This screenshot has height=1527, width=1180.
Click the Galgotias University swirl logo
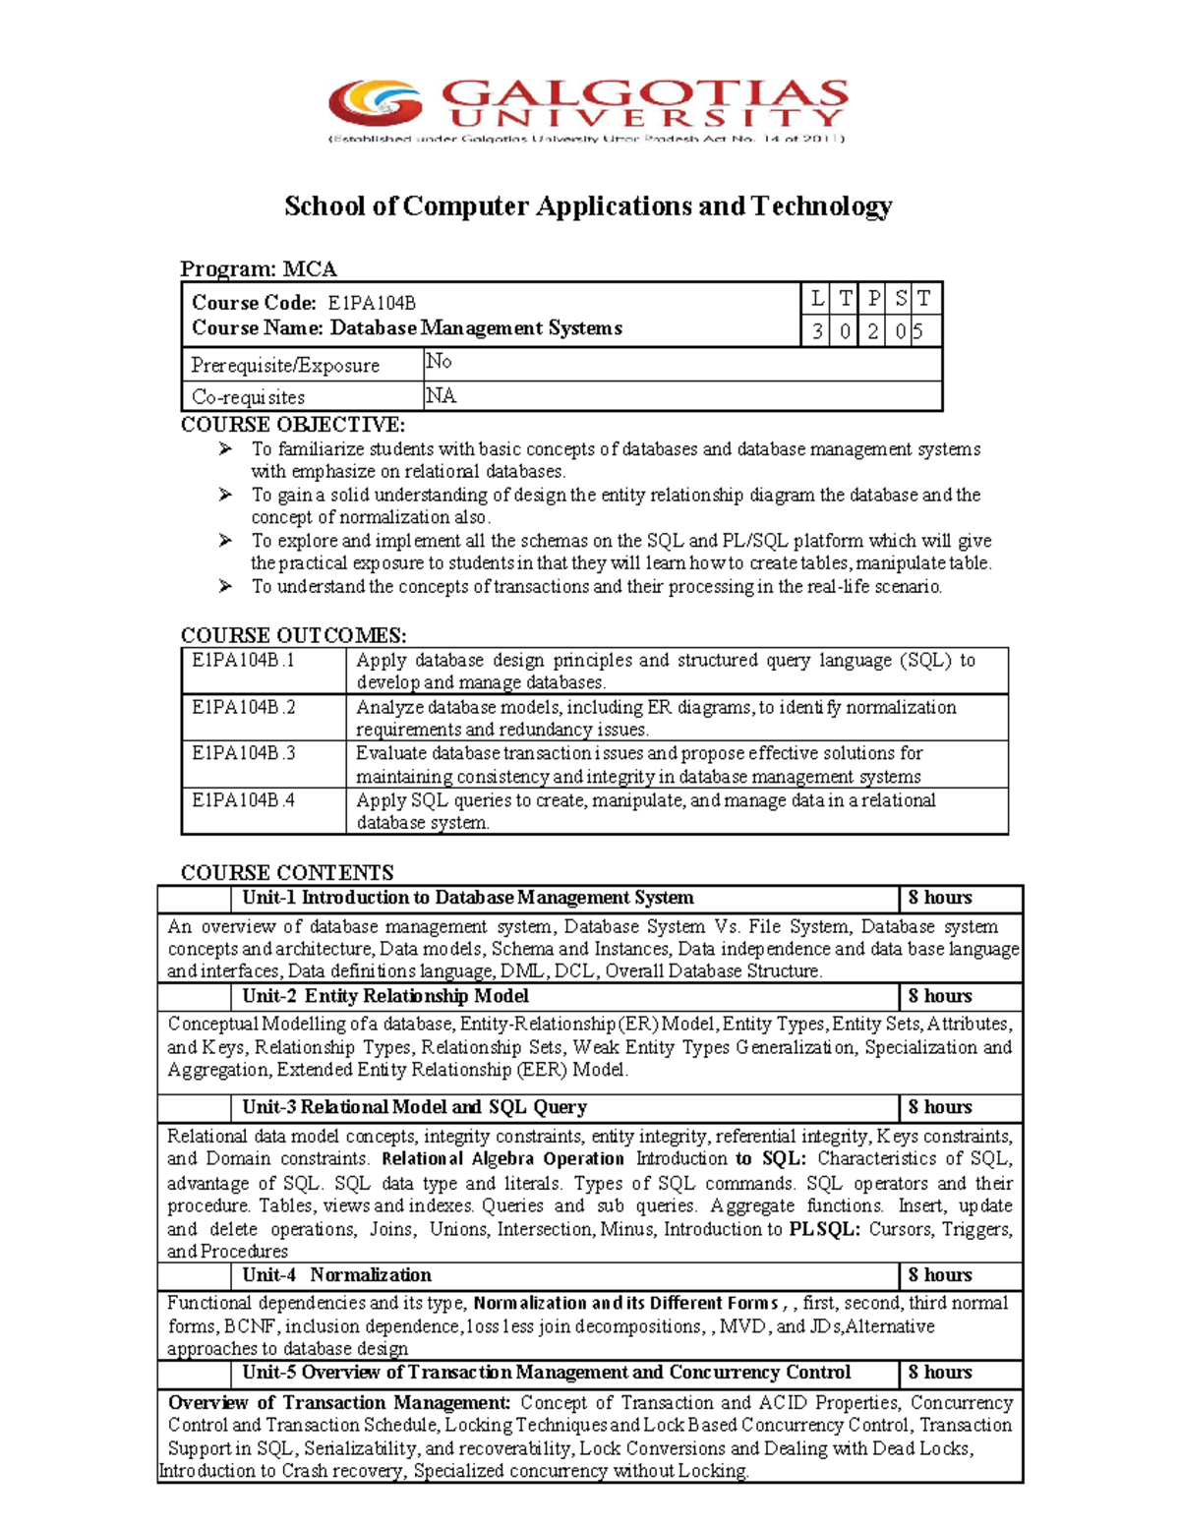[x=376, y=103]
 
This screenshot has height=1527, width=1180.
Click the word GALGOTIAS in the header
[x=644, y=94]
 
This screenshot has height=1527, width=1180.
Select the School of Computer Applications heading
[x=588, y=206]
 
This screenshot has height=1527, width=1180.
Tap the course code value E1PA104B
[x=372, y=303]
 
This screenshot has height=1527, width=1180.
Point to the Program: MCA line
[x=259, y=268]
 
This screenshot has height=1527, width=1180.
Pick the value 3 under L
[x=817, y=331]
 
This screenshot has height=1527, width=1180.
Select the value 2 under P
[x=873, y=331]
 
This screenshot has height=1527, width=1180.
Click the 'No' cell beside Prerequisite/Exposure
[x=439, y=362]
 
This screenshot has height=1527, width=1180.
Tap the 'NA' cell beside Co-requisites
[x=441, y=395]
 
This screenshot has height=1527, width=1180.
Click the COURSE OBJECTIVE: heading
[x=292, y=425]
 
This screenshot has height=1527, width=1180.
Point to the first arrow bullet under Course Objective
[x=226, y=449]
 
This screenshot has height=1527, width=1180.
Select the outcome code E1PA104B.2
[x=243, y=707]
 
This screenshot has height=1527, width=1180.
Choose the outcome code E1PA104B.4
[x=243, y=800]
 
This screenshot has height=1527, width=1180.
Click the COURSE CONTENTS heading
[x=287, y=872]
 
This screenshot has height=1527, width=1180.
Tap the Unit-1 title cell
[x=468, y=898]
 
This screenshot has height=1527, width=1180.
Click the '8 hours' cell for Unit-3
[x=940, y=1107]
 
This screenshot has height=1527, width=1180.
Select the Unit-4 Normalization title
[x=337, y=1275]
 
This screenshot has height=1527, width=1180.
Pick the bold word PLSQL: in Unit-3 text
[x=824, y=1229]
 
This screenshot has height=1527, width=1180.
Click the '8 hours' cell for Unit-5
[x=940, y=1373]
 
